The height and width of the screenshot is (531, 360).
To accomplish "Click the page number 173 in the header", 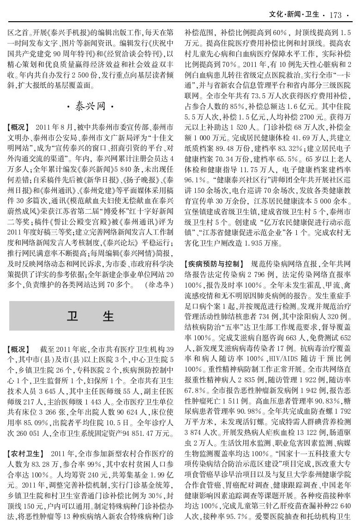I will pyautogui.click(x=336, y=15).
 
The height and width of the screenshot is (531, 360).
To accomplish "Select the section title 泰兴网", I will pyautogui.click(x=91, y=106).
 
